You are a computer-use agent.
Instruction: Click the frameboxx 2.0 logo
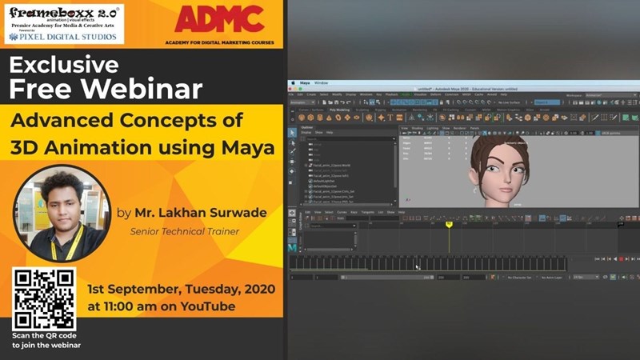pyautogui.click(x=64, y=14)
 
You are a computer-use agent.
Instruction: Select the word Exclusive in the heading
pyautogui.click(x=64, y=65)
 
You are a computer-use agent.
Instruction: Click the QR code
pyautogui.click(x=43, y=298)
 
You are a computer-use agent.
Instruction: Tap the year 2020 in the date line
pyautogui.click(x=256, y=288)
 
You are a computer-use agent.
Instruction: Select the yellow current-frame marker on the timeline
pyautogui.click(x=449, y=225)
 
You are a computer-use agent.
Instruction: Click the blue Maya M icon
pyautogui.click(x=293, y=248)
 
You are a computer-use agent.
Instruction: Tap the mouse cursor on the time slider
pyautogui.click(x=417, y=266)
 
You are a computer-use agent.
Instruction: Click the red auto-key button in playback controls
pyautogui.click(x=621, y=259)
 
